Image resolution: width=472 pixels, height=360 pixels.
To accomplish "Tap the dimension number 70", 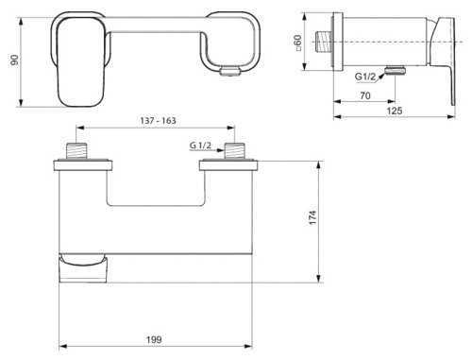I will tap(363, 96).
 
